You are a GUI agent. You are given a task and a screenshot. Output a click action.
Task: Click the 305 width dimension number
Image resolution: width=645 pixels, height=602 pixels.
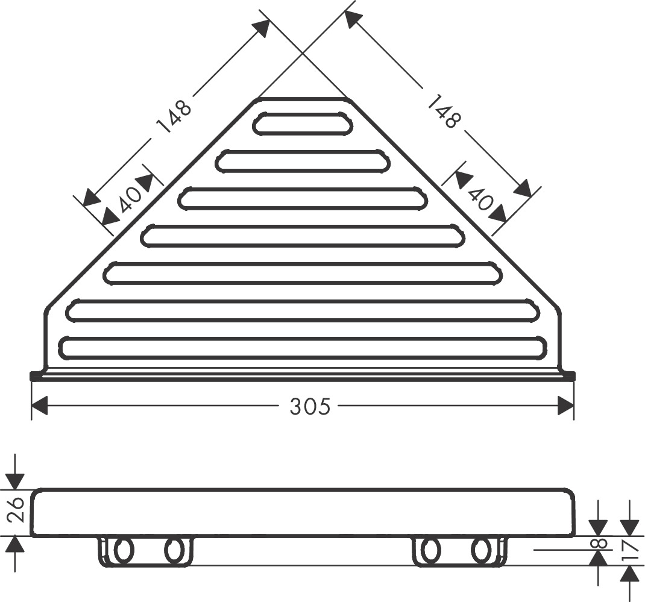(x=310, y=407)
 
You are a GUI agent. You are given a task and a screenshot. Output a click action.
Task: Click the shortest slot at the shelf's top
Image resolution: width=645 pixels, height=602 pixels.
(x=302, y=123)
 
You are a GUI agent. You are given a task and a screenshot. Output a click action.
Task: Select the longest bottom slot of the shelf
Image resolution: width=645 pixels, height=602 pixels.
(x=303, y=348)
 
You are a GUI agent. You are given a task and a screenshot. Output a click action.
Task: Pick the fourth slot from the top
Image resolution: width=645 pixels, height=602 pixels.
(x=303, y=236)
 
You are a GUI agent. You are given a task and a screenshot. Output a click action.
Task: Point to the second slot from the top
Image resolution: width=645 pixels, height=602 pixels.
(x=303, y=161)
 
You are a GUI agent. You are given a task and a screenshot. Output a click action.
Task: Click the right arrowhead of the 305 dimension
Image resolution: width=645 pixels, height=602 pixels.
(x=566, y=406)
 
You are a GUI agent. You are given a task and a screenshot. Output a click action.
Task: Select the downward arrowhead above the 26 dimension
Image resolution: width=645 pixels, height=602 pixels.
(x=15, y=481)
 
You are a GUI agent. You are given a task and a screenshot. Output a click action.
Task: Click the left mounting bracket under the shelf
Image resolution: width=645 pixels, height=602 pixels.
(x=146, y=551)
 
